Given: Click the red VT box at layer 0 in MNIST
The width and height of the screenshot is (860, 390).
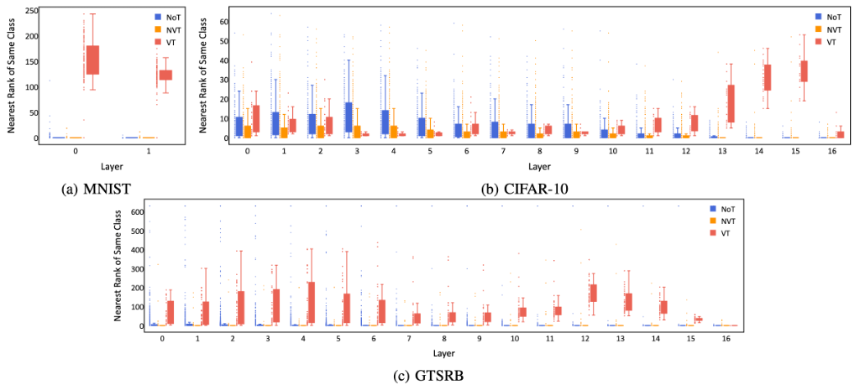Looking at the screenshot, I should (92, 60).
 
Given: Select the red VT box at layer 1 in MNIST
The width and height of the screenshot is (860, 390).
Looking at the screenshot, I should (165, 75).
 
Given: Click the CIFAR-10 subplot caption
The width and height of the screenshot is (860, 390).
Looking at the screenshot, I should (524, 189).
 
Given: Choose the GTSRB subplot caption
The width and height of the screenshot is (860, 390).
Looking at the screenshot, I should (428, 376).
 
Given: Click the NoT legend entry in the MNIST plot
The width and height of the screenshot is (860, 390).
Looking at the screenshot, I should (170, 16).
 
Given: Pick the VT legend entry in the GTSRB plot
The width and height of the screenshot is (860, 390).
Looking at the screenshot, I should (724, 233).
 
